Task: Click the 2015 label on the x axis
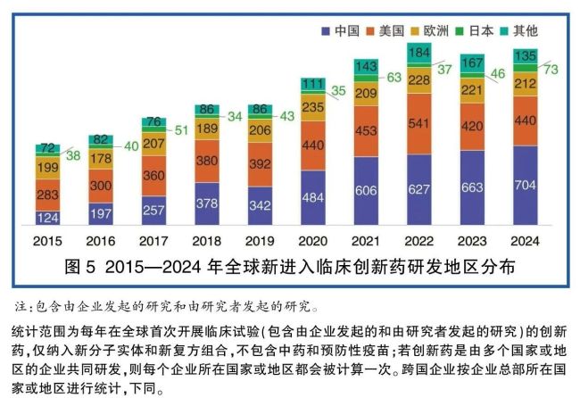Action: [x=48, y=241]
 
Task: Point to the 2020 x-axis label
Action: [x=314, y=241]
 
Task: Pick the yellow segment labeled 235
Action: [x=314, y=108]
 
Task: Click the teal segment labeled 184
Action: [x=420, y=53]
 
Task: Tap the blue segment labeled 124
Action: [x=48, y=217]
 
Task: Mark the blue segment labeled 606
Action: [x=367, y=191]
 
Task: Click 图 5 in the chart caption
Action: [x=80, y=267]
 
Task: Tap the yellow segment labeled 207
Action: [x=154, y=143]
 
